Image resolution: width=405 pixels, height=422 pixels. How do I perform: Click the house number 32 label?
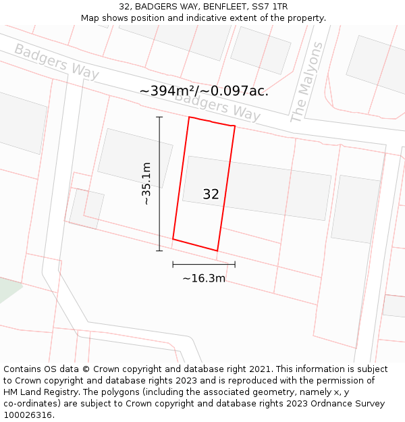tap(211, 194)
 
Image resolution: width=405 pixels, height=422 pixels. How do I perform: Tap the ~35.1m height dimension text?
tap(146, 184)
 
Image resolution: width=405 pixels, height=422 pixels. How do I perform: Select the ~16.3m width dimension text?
tap(204, 278)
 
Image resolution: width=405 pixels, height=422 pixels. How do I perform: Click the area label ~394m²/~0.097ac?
tap(204, 90)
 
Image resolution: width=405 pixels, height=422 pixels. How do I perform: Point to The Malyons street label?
tap(306, 82)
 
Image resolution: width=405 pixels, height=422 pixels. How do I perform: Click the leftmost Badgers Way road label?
tap(56, 61)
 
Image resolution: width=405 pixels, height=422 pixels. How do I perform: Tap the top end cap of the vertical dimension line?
tap(160, 117)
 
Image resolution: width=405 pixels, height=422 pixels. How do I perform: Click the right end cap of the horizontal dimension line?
tap(235, 264)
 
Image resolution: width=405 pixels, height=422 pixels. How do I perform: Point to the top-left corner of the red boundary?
tap(189, 117)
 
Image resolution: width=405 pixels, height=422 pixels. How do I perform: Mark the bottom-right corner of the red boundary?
tap(217, 250)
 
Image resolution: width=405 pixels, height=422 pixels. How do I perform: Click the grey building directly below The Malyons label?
tap(261, 49)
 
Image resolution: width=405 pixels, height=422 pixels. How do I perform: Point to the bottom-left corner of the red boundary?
tap(173, 238)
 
